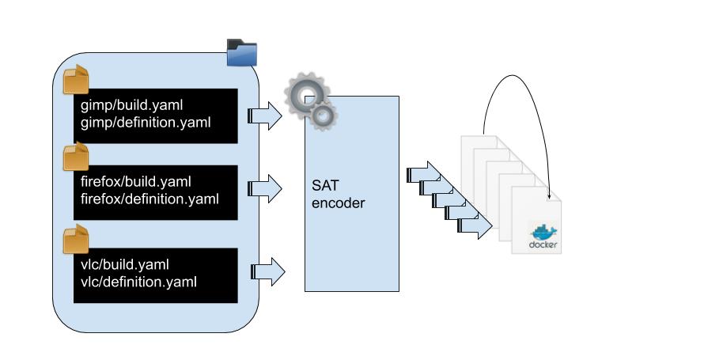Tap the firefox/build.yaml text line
tap(136, 181)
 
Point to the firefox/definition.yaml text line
tap(150, 198)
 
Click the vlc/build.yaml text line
tap(125, 264)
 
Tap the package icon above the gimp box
tap(76, 80)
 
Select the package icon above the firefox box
tap(76, 157)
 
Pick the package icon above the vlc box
tap(76, 238)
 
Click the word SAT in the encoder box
tap(325, 185)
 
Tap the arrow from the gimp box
tap(265, 116)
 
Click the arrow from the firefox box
tap(265, 188)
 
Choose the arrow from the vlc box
tap(267, 271)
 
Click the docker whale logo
tap(544, 233)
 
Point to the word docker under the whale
tap(545, 245)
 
